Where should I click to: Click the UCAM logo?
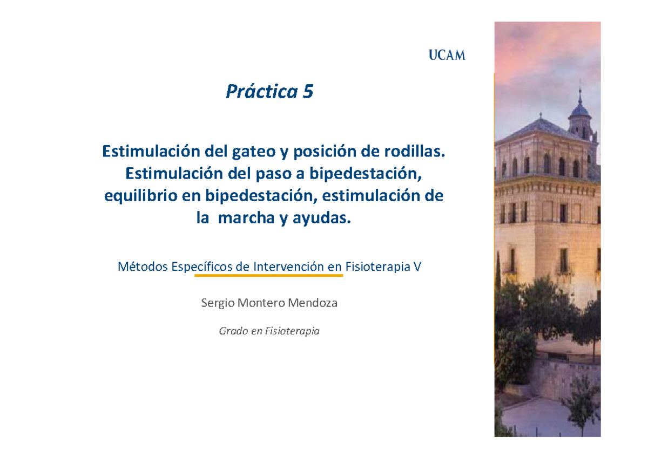pos(447,54)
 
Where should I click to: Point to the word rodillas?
pos(417,152)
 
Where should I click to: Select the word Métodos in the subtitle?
pos(141,266)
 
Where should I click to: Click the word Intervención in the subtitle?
pos(288,266)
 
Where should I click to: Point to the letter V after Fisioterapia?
pos(416,266)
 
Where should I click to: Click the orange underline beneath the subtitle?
pos(268,275)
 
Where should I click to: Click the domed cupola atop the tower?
pos(579,110)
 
